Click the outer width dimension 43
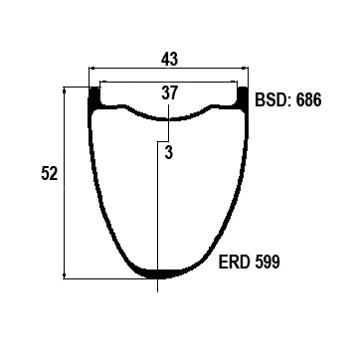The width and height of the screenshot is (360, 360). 170,60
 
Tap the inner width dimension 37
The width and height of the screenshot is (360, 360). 170,92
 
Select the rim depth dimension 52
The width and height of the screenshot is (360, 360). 50,174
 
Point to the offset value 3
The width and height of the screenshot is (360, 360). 169,153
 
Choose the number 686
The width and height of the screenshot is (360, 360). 308,99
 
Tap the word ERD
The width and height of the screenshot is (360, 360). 234,263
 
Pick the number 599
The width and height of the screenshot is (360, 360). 268,263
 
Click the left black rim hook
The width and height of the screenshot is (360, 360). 94,98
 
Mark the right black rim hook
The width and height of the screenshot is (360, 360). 243,98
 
